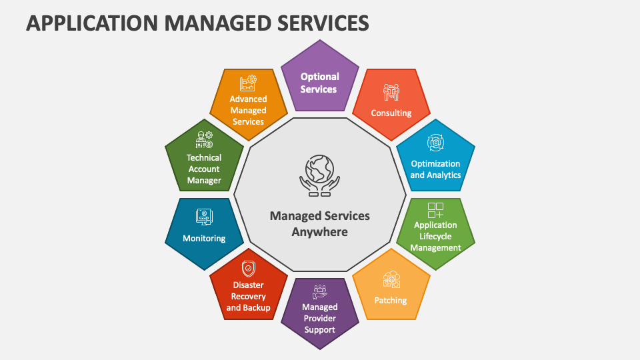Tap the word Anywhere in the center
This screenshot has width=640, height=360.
point(319,232)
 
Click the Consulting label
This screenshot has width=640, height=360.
point(391,113)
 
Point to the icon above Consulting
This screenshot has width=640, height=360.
point(391,93)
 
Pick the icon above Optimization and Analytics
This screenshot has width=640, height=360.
point(435,142)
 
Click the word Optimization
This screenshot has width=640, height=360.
point(435,163)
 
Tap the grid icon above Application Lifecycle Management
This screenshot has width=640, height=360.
point(435,211)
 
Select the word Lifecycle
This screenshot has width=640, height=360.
point(435,236)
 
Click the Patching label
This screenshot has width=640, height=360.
point(391,300)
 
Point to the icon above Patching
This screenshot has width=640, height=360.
point(391,279)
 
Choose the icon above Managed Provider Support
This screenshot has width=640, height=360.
point(320,291)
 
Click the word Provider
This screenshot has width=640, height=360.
point(320,319)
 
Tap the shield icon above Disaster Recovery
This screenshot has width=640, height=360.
point(248,269)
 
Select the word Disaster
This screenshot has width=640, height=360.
point(248,285)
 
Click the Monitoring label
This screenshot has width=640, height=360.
point(204,238)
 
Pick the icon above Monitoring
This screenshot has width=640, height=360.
point(204,217)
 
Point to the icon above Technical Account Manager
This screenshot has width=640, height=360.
point(204,139)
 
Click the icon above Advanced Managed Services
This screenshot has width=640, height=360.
point(248,83)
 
